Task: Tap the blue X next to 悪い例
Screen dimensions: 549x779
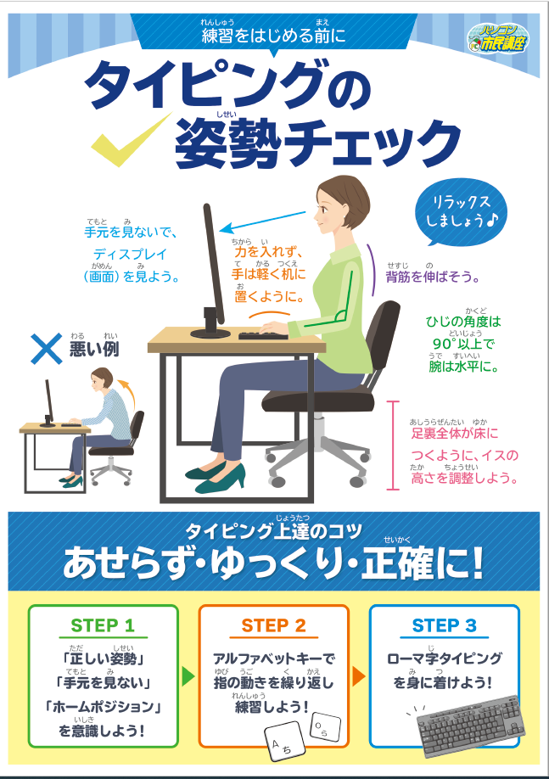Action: click(46, 349)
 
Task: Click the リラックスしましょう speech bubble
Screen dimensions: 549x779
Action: click(460, 213)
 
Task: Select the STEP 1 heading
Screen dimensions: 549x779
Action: click(103, 625)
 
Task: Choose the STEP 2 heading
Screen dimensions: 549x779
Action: click(274, 625)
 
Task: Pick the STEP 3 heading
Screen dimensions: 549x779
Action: click(444, 625)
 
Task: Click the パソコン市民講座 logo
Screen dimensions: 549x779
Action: click(498, 38)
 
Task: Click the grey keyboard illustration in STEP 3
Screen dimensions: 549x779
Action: click(468, 726)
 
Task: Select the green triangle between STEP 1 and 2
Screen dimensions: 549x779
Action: click(188, 676)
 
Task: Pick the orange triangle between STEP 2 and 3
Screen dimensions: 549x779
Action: click(359, 676)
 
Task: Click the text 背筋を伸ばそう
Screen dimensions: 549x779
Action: click(432, 277)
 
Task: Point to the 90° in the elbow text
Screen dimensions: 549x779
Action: click(444, 344)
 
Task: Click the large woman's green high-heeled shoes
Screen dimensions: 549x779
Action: click(216, 477)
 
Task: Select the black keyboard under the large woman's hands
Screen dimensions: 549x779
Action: click(263, 336)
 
